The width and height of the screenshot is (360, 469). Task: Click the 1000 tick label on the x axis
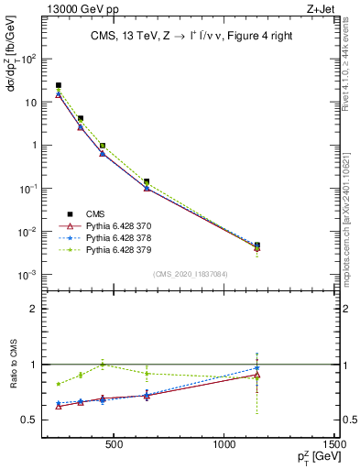coord(225,446)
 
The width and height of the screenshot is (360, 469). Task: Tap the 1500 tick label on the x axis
coord(335,446)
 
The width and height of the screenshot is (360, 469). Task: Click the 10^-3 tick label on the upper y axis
coord(27,275)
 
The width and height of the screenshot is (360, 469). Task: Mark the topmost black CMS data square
coord(59,85)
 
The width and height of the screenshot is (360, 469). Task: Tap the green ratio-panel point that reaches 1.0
coord(103,365)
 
